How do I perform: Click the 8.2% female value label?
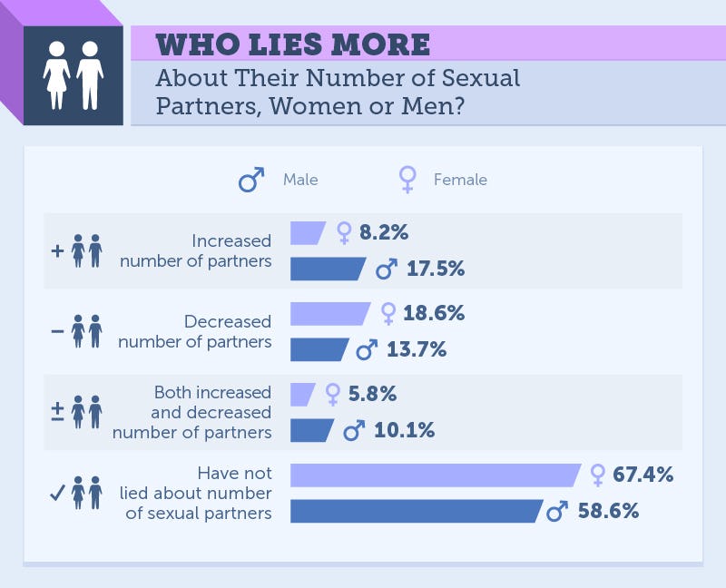coord(384,232)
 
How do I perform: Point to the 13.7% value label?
coord(413,349)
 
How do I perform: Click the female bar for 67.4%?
coord(434,475)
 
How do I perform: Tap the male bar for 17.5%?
coord(327,269)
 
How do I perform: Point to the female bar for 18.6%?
coord(329,313)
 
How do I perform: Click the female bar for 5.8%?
coord(301,394)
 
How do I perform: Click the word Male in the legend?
coord(300,180)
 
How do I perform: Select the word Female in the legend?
coord(460,180)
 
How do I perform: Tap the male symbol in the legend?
coord(250,180)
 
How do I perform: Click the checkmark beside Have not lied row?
coord(56,493)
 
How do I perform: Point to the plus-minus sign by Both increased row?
coord(57,411)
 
